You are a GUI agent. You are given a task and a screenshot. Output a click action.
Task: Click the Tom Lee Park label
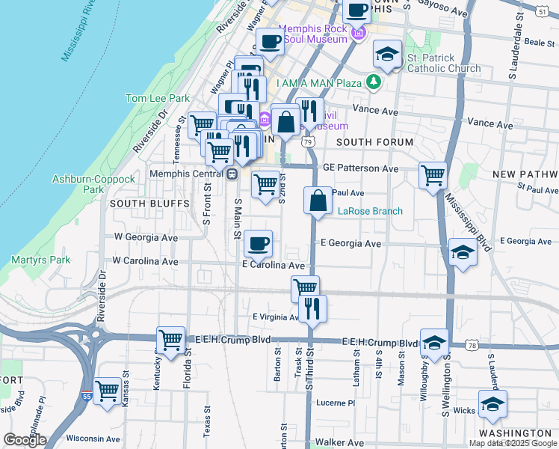point(157,98)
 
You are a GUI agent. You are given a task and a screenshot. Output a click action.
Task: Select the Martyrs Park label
point(30,260)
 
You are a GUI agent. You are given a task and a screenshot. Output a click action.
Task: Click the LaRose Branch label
point(370,211)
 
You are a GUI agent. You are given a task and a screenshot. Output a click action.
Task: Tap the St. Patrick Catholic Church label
point(444,64)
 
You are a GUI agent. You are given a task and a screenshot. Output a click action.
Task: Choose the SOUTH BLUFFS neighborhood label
point(140,204)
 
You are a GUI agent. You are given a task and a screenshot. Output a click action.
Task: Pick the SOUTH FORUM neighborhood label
point(374,142)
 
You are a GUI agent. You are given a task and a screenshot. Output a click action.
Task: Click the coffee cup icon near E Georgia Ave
point(258,242)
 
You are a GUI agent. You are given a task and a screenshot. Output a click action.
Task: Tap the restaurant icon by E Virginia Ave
point(312,308)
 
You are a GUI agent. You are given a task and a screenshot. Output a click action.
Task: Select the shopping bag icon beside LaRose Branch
point(318,201)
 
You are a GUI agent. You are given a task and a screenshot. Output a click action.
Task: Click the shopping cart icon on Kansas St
point(108,390)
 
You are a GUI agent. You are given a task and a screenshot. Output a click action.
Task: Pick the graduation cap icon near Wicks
point(492,404)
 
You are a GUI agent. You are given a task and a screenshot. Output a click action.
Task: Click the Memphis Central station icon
point(232,174)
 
